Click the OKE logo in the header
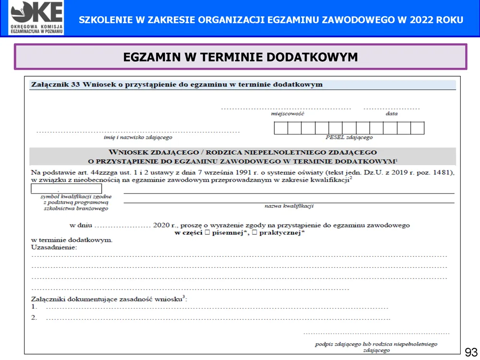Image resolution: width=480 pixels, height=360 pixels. point(36,18)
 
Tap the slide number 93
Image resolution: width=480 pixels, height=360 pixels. point(471,352)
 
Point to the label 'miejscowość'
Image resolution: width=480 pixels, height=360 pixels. point(288,114)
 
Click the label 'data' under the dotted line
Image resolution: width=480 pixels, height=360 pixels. point(391,114)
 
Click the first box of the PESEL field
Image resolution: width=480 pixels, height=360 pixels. point(281,128)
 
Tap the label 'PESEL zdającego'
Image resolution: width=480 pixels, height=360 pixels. point(349,138)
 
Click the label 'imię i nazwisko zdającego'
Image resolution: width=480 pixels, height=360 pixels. point(138,138)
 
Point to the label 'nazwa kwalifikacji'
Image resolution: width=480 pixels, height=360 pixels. point(289,206)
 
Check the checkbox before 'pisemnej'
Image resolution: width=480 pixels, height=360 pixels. point(207,233)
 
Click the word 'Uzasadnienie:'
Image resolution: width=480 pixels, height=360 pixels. point(54,247)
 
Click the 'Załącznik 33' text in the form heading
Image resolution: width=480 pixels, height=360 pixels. point(55,84)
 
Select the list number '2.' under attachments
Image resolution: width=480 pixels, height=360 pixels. point(34,317)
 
